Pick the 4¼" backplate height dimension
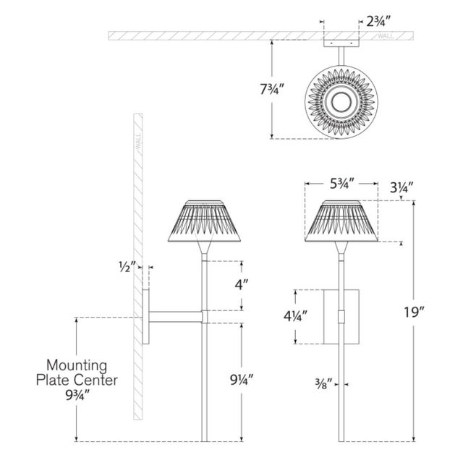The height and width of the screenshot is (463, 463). coord(297,316)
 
